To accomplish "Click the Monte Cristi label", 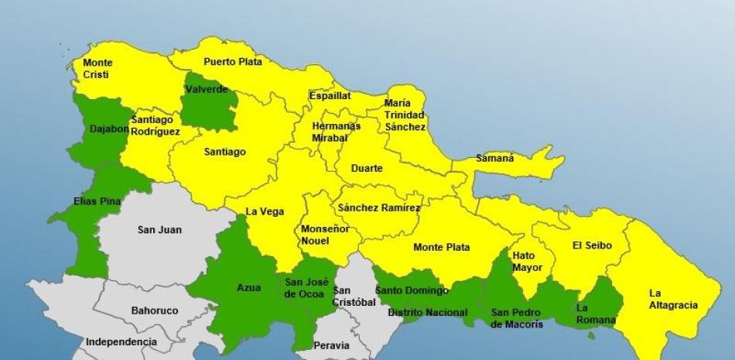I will tap(97, 69).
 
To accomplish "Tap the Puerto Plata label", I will tap(233, 62).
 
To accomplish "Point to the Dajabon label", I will tap(108, 129).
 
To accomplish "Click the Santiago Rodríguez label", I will tap(155, 125).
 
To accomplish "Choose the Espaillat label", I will tap(330, 96).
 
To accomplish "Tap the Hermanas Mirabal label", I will tap(336, 132).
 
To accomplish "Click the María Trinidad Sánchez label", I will tap(405, 115).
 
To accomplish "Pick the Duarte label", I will tap(367, 168).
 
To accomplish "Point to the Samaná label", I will tap(494, 159).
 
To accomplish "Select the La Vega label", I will tap(265, 211).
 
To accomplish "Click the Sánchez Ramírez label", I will tap(379, 207).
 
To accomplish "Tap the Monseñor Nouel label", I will tap(324, 235).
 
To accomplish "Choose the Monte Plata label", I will tap(442, 248).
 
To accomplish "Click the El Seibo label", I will tap(592, 245).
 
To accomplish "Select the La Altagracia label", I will tap(672, 299).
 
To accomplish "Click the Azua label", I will tap(248, 287).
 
